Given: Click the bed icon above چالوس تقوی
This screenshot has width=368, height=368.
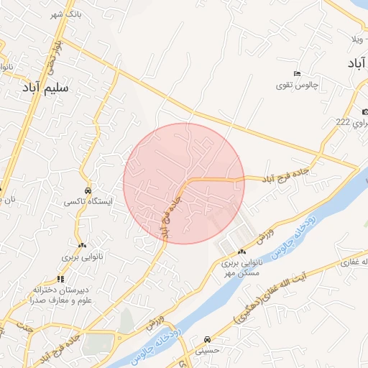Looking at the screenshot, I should [x=297, y=74].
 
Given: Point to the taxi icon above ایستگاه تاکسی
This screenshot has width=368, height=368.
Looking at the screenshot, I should [x=87, y=191].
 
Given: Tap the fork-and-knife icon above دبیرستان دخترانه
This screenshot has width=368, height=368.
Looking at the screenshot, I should [x=60, y=279].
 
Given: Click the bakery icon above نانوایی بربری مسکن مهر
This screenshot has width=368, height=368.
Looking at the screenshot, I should [x=241, y=252].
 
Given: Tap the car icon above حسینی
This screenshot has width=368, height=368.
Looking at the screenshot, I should [x=207, y=339].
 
